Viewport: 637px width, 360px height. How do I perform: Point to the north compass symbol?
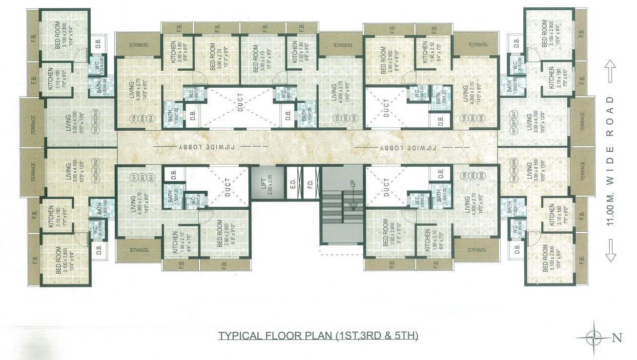click(x=594, y=336)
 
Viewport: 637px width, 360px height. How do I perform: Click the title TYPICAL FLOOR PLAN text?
click(x=318, y=336)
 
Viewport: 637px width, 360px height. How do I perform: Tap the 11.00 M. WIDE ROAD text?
click(x=610, y=160)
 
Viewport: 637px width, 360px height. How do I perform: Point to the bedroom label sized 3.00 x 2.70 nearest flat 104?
click(x=216, y=60)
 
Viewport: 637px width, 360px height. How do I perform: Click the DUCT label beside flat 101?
click(x=228, y=187)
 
